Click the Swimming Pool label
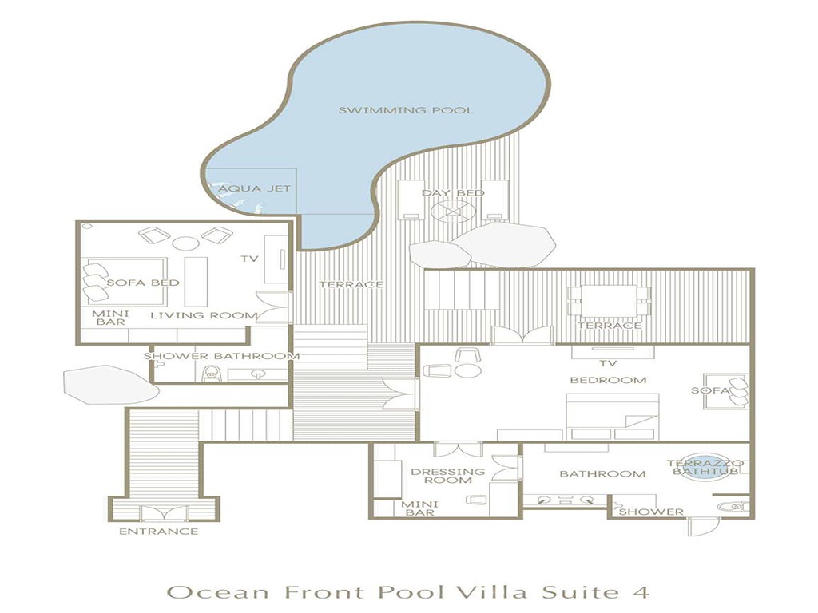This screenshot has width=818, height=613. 406,110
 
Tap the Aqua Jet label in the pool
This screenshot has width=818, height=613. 255,188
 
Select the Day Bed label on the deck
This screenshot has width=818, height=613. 453,193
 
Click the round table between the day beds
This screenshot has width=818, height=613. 453,212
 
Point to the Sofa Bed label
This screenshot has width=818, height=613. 143,283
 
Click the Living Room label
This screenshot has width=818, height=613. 204,315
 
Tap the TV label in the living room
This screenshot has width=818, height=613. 249,259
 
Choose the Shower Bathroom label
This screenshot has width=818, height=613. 221,356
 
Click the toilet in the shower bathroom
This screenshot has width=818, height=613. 211,374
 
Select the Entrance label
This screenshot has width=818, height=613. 159,532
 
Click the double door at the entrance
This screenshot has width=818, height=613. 165,513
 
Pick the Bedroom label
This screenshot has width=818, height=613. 608,380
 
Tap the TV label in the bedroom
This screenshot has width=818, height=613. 608,363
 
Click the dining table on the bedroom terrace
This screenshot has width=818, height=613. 609,301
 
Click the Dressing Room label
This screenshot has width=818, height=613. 447,476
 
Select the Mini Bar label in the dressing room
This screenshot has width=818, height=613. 419,508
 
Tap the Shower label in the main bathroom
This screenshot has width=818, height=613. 651,512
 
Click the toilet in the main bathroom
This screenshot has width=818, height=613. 733,506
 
